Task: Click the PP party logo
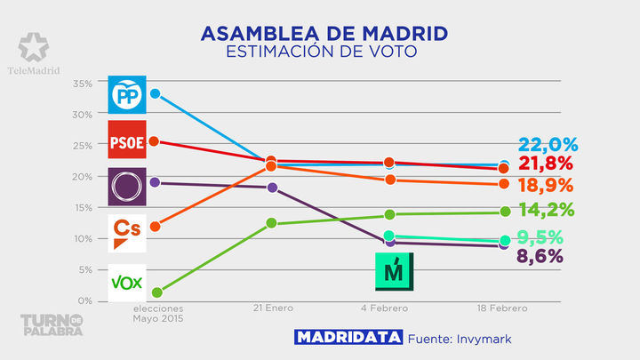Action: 124,93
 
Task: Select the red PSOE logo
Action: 124,140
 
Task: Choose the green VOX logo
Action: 124,281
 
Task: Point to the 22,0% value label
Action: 548,145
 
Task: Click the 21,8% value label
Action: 548,164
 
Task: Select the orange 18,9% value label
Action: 548,186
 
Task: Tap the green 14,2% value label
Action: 548,211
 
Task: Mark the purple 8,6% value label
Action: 548,257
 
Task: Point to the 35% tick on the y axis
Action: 82,84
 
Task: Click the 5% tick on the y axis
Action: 84,269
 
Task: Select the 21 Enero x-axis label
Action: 272,308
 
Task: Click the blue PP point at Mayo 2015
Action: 156,93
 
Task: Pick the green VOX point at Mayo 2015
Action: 157,292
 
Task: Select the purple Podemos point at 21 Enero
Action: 273,188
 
